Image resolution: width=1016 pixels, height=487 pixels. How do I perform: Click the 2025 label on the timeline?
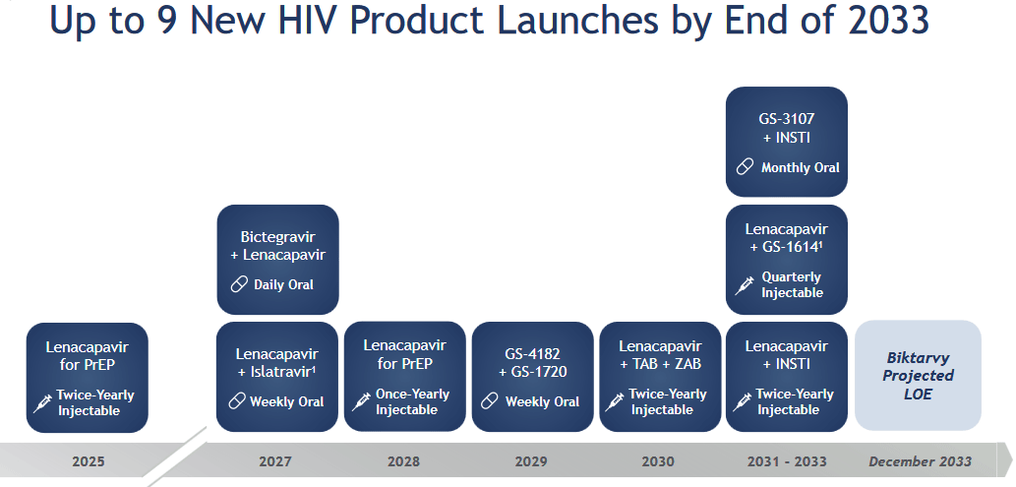[89, 461]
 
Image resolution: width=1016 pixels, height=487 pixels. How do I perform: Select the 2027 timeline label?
[275, 461]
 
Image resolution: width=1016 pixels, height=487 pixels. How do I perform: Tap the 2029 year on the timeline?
[531, 461]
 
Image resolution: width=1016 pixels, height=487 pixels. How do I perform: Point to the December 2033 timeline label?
[920, 461]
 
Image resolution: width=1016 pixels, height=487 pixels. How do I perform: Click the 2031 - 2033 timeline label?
[787, 461]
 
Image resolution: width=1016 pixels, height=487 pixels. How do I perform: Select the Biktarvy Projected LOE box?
[919, 376]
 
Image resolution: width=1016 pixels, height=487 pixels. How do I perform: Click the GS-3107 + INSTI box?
[787, 142]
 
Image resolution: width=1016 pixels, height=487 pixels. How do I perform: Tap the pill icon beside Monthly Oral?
[746, 166]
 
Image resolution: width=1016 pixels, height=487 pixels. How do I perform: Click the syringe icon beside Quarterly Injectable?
[745, 284]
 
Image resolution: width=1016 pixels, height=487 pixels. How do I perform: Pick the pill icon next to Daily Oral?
[240, 284]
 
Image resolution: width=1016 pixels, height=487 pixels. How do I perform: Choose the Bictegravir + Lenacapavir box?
[278, 260]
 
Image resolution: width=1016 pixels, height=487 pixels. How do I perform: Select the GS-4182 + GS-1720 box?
[533, 377]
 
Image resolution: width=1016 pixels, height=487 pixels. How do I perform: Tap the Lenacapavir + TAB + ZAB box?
[660, 377]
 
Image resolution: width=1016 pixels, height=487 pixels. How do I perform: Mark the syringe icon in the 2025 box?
[42, 403]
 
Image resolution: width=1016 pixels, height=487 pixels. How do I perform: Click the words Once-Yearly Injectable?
[412, 402]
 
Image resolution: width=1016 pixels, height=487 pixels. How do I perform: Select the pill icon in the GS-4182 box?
[490, 401]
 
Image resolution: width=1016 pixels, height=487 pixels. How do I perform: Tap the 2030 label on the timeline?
[658, 461]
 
